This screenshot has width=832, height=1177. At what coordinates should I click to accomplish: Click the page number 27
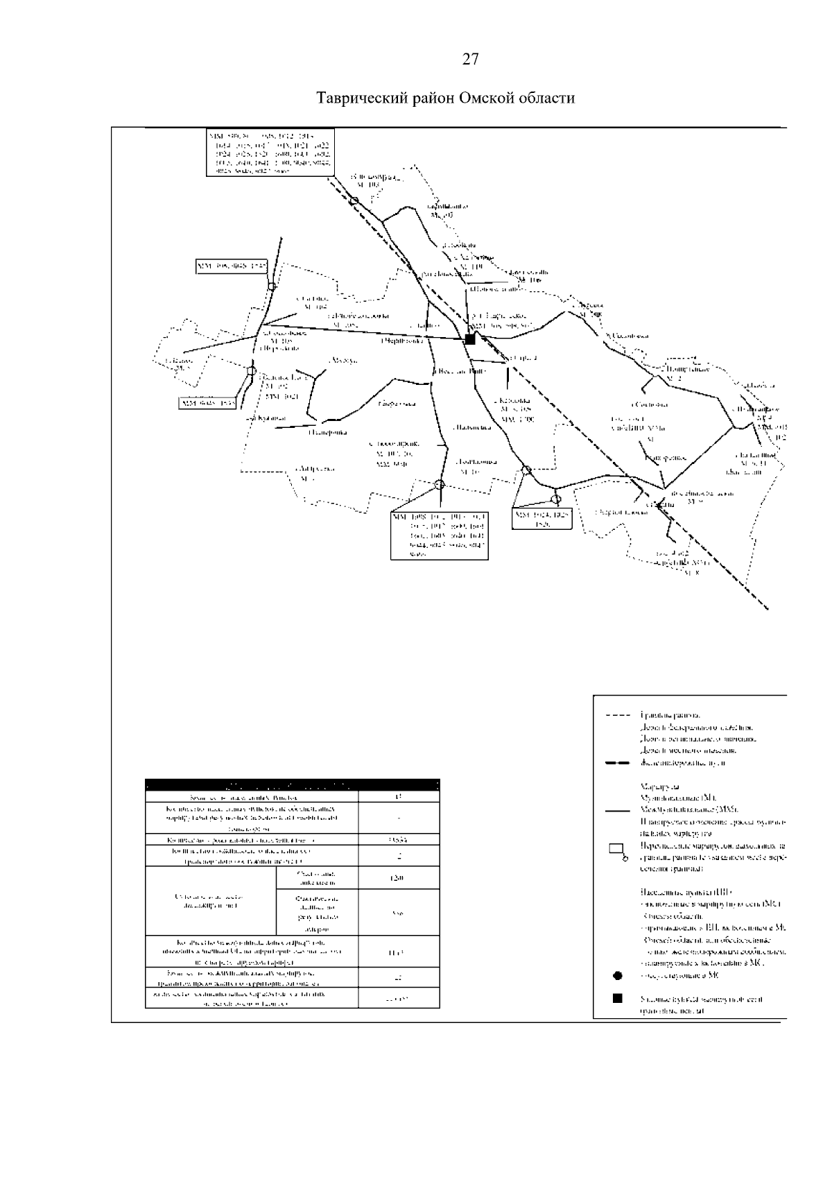click(x=470, y=60)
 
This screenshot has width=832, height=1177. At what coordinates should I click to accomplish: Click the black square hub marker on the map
click(x=470, y=339)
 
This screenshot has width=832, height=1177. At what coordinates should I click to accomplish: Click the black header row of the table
click(x=292, y=786)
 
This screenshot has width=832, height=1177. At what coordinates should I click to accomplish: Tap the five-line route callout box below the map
click(x=440, y=535)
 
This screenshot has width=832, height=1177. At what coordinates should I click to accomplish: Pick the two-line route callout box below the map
click(x=542, y=519)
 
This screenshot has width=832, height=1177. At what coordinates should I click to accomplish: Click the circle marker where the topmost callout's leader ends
click(x=354, y=200)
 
